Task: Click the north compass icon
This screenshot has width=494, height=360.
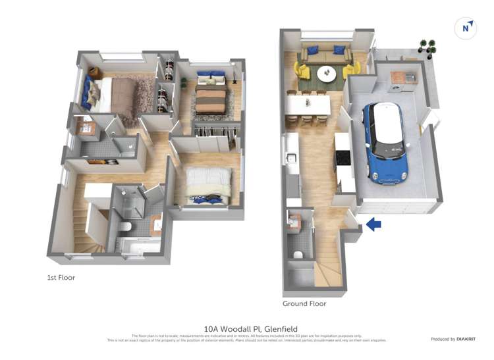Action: [466, 28]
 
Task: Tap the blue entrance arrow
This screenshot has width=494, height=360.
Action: [373, 224]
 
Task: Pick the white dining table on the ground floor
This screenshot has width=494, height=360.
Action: [308, 104]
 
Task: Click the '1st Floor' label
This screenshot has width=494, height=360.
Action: [61, 278]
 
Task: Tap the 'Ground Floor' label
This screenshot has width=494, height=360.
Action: [304, 304]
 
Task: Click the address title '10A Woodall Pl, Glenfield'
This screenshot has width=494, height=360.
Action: [250, 328]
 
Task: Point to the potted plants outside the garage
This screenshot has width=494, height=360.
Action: [427, 47]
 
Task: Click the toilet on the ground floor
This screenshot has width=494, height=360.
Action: [298, 255]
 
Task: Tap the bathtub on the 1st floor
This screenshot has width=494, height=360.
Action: [138, 245]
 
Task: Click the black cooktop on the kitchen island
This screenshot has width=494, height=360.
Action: [343, 158]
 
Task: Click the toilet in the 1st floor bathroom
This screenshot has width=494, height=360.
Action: [125, 228]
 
